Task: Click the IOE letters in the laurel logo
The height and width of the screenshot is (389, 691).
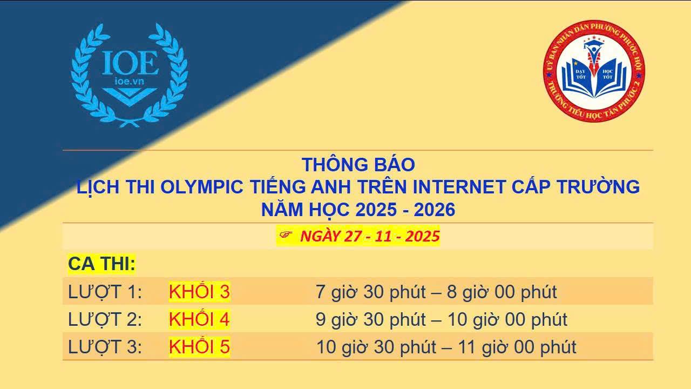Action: (x=130, y=63)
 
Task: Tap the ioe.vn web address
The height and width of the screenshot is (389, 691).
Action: (x=130, y=81)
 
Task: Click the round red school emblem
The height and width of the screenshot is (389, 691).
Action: (x=594, y=71)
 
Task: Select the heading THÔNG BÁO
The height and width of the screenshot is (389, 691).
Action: (x=358, y=165)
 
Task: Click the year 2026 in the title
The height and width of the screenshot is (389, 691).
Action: (x=435, y=210)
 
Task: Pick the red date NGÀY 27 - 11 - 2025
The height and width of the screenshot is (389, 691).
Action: (x=370, y=236)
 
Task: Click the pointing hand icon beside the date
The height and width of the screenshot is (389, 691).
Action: (x=286, y=235)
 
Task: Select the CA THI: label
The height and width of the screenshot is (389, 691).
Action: (x=101, y=264)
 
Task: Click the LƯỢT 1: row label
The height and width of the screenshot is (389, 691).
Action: (x=105, y=292)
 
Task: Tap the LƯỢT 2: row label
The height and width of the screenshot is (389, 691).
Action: (x=105, y=319)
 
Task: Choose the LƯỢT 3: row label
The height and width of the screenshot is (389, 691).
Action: (x=105, y=347)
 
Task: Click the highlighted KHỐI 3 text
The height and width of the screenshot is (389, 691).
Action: (x=199, y=291)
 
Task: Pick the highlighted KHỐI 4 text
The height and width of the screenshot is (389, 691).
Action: (x=199, y=319)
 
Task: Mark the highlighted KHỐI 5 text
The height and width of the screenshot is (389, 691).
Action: (x=199, y=346)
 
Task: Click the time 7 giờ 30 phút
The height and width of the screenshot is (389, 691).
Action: (x=371, y=292)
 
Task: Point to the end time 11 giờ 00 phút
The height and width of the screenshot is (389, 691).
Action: (x=517, y=347)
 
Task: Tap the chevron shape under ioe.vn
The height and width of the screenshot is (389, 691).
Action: (x=130, y=96)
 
